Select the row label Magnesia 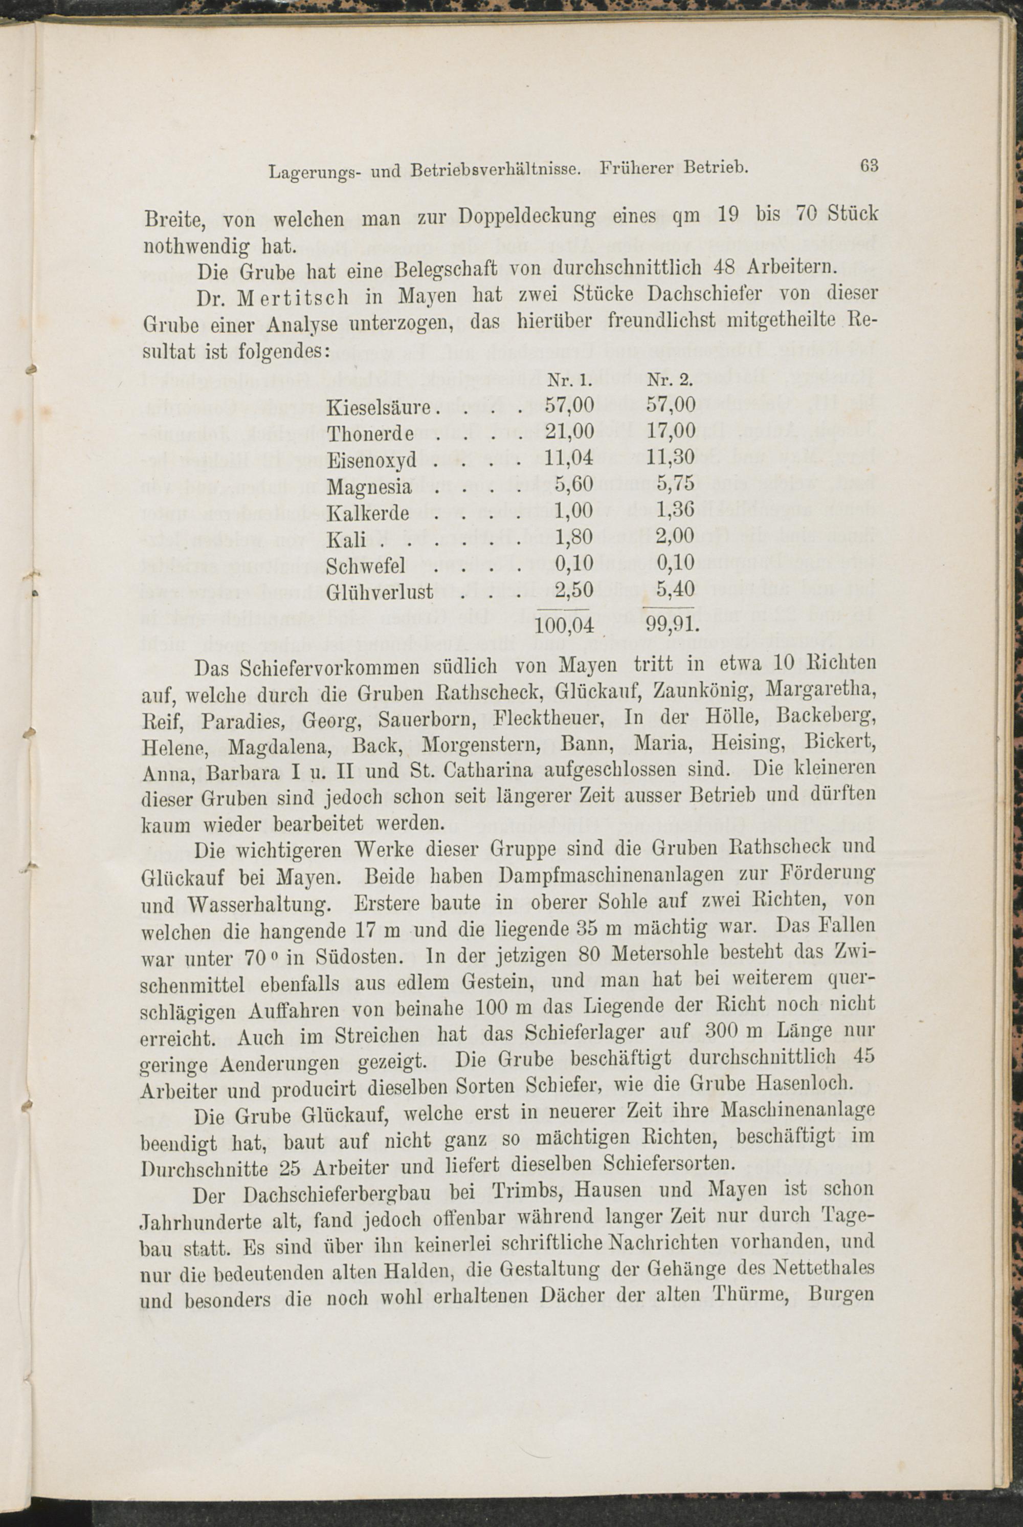point(369,486)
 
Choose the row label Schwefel point(367,564)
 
